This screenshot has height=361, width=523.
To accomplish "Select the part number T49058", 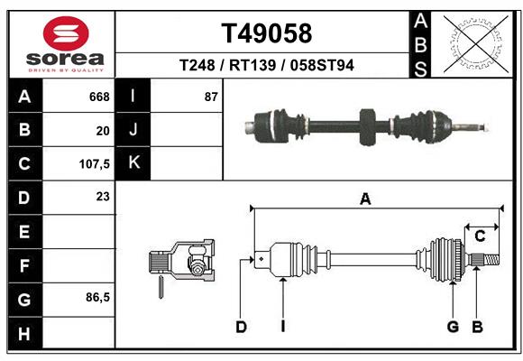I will tap(266, 33).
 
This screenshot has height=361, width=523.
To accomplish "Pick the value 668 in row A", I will tap(99, 97).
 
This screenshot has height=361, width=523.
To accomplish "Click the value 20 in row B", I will tap(103, 130).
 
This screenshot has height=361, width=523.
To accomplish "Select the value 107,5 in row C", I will tap(96, 164).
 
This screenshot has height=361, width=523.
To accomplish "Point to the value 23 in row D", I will tap(103, 196).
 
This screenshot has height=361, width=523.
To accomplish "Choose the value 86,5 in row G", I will tap(97, 297).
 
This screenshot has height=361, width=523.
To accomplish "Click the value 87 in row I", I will tap(211, 97).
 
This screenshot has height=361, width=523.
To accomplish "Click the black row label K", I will tap(133, 163).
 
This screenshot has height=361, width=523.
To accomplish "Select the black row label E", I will tap(23, 232).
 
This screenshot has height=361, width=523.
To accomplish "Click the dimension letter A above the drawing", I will tap(365, 199).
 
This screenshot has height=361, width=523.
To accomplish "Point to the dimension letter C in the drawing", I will tap(481, 236).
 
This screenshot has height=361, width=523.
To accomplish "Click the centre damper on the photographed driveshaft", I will tap(367, 125).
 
